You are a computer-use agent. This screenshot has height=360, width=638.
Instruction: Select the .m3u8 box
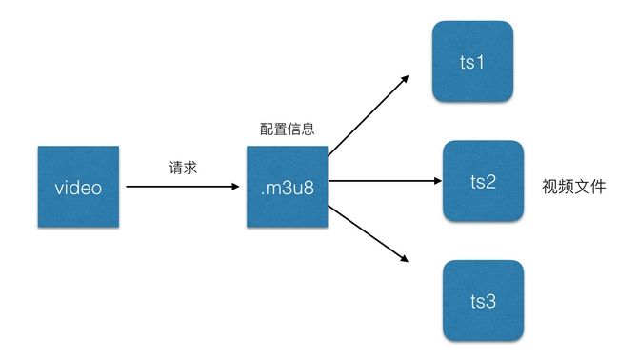(x=287, y=187)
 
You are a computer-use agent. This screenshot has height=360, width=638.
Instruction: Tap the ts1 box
(x=473, y=63)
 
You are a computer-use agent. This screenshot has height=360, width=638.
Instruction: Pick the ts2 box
(x=483, y=180)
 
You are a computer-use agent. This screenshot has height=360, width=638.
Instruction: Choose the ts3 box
(x=483, y=301)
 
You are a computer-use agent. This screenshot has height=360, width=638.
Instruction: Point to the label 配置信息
(x=287, y=129)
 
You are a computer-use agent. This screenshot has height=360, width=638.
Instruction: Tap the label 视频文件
(x=574, y=186)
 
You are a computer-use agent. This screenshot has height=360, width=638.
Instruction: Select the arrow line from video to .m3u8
(x=181, y=188)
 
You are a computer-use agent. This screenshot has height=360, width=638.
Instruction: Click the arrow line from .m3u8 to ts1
(x=367, y=113)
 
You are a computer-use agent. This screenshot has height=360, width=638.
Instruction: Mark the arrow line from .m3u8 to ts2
(x=381, y=181)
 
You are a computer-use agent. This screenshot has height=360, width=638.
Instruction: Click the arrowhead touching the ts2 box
(x=436, y=181)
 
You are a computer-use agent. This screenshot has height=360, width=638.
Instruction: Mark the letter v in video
(x=57, y=188)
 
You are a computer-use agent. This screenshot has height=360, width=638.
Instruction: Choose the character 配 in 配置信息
(x=267, y=129)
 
